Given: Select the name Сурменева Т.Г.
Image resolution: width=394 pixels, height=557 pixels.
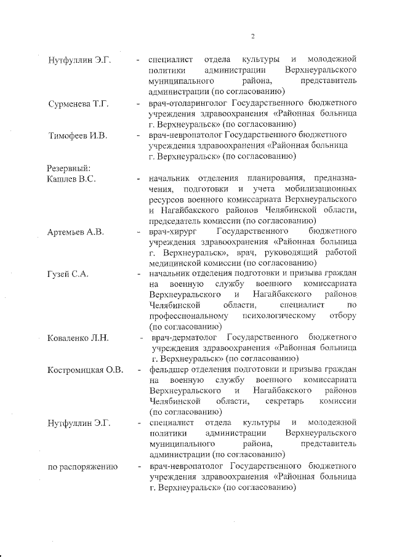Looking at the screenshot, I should click(78, 103).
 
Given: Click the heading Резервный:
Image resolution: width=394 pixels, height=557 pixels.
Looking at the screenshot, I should click(69, 168).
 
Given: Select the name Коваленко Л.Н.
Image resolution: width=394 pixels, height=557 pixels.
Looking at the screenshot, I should click(78, 337).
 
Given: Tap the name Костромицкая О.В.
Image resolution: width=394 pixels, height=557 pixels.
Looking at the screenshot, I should click(86, 369).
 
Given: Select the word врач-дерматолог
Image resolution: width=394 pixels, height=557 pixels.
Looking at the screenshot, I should click(186, 337).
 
